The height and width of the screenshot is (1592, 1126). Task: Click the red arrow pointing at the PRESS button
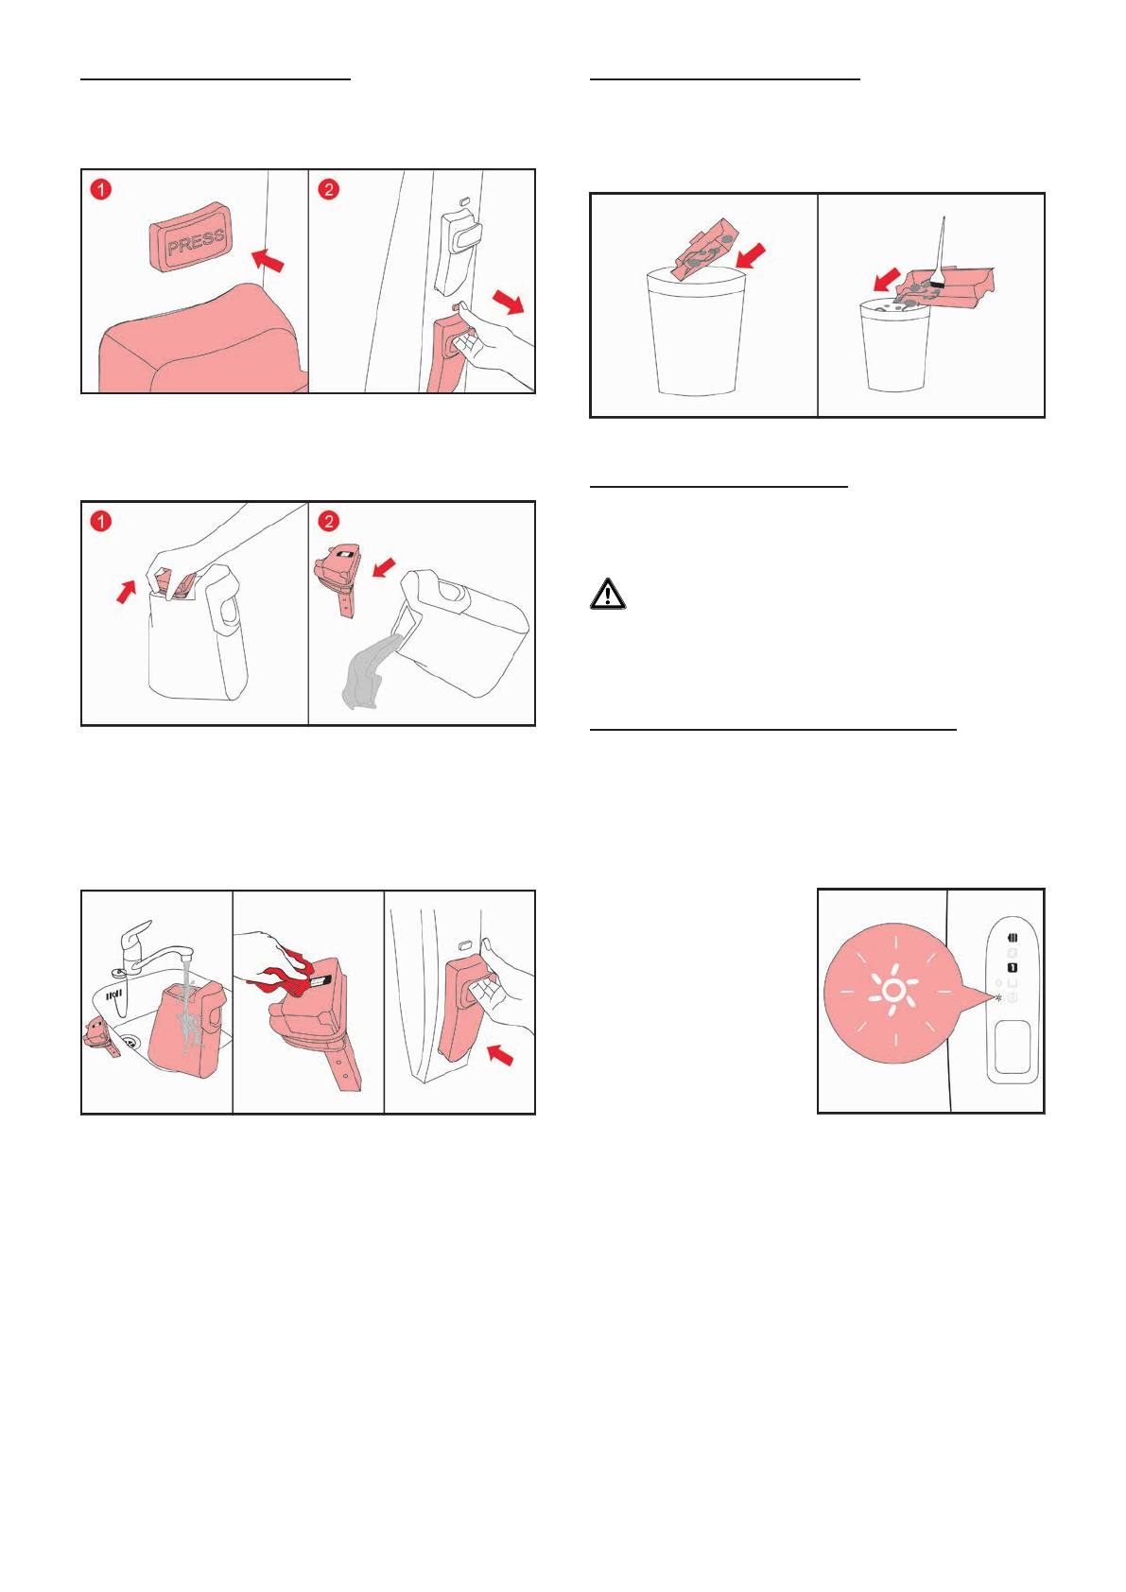click(268, 259)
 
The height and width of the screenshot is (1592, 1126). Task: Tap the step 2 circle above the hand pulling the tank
click(328, 190)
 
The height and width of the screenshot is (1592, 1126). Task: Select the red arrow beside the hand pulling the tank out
click(509, 302)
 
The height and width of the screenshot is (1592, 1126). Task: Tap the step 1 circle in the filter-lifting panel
click(101, 522)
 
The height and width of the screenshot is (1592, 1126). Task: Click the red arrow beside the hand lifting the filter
click(127, 591)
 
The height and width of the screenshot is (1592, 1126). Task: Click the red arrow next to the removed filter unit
click(385, 567)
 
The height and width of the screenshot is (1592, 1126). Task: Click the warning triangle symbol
click(608, 594)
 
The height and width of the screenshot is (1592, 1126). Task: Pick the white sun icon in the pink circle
click(893, 991)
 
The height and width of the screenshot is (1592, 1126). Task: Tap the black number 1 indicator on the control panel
click(1013, 967)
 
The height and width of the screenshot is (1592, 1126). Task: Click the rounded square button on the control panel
click(1013, 1047)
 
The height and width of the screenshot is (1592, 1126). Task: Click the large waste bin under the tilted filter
click(696, 331)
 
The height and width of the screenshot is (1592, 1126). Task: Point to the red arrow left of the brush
click(887, 280)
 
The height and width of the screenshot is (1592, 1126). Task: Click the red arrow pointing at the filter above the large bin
click(752, 256)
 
